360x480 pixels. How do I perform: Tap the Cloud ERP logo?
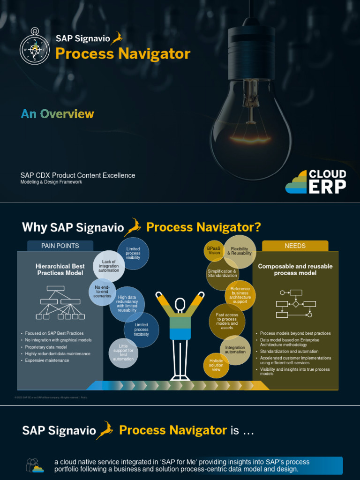316,181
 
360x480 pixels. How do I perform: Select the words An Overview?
57,114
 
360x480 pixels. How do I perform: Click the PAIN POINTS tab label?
60,246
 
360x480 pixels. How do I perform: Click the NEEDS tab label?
295,246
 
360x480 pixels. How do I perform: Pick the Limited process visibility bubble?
133,254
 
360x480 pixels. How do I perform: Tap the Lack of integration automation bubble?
109,266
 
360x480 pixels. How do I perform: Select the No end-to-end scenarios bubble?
102,292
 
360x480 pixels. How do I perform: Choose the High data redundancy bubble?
127,304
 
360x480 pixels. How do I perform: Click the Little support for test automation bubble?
123,353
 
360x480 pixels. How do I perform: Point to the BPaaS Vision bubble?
214,250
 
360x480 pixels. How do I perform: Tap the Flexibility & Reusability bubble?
240,251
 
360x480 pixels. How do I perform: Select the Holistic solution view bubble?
216,365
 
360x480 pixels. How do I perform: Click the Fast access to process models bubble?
227,321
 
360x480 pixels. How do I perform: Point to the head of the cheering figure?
180,305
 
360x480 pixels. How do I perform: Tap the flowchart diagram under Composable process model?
296,303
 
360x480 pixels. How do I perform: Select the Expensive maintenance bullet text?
47,360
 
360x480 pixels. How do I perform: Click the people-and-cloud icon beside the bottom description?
35,465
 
